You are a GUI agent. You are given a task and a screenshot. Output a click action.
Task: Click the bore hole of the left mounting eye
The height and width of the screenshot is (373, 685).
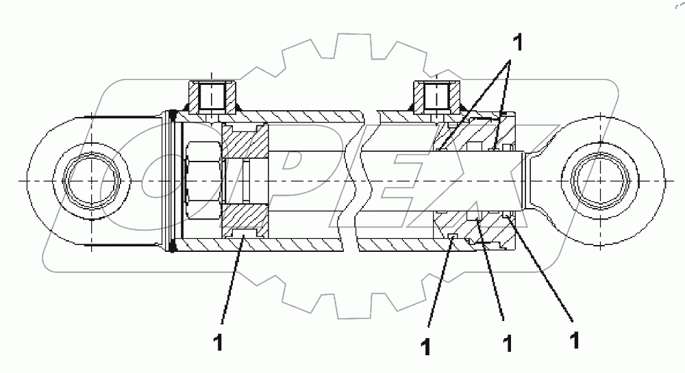pyautogui.click(x=94, y=181)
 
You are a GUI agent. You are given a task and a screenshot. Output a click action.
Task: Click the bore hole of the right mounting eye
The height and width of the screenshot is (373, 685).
pyautogui.click(x=596, y=181)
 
